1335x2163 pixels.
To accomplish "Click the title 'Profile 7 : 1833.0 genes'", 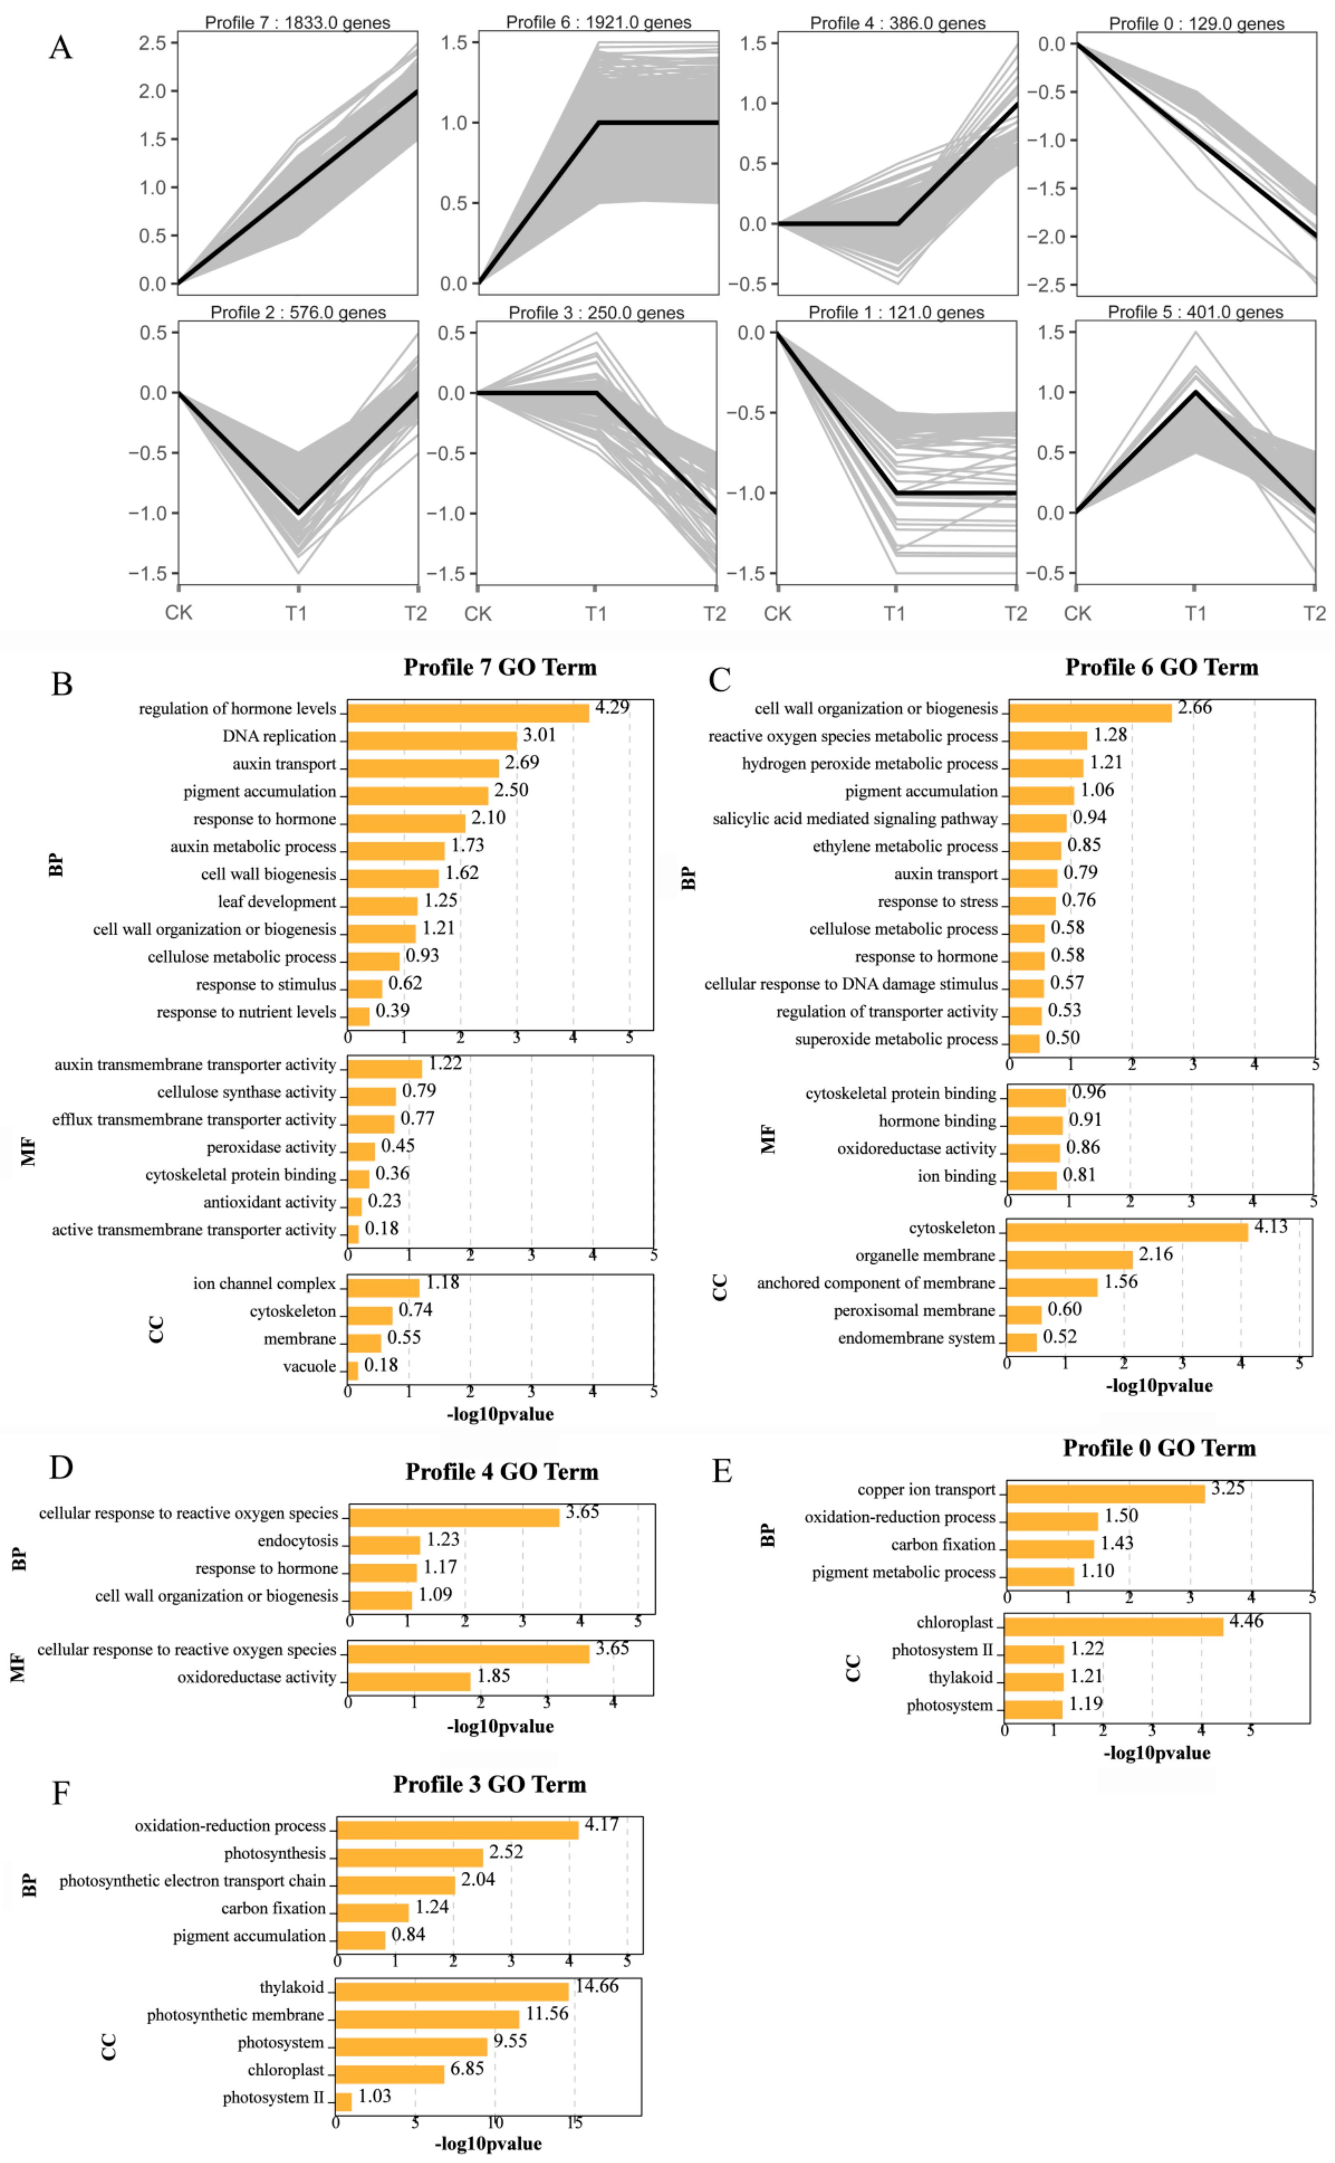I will tap(297, 22).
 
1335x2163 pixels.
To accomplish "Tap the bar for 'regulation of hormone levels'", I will tap(468, 711).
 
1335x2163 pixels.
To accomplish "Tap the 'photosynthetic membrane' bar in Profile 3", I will tap(427, 2018).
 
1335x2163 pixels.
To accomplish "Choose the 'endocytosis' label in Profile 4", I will tap(297, 1540).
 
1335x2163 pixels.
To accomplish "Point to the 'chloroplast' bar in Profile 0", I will tap(1113, 1625).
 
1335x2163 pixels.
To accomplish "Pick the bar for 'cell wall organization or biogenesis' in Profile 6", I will tap(1091, 711).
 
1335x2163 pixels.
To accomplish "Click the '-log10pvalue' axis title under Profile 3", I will tap(488, 2143).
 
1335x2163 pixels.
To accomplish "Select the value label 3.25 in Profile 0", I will tap(1227, 1488).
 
